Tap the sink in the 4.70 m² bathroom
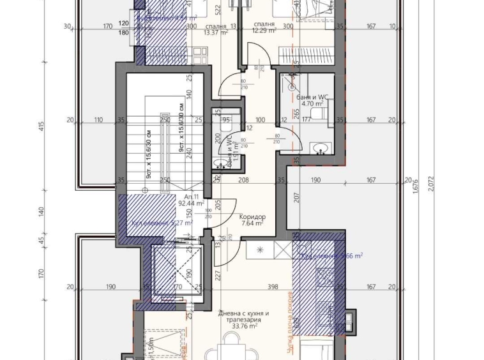(x=321, y=148)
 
